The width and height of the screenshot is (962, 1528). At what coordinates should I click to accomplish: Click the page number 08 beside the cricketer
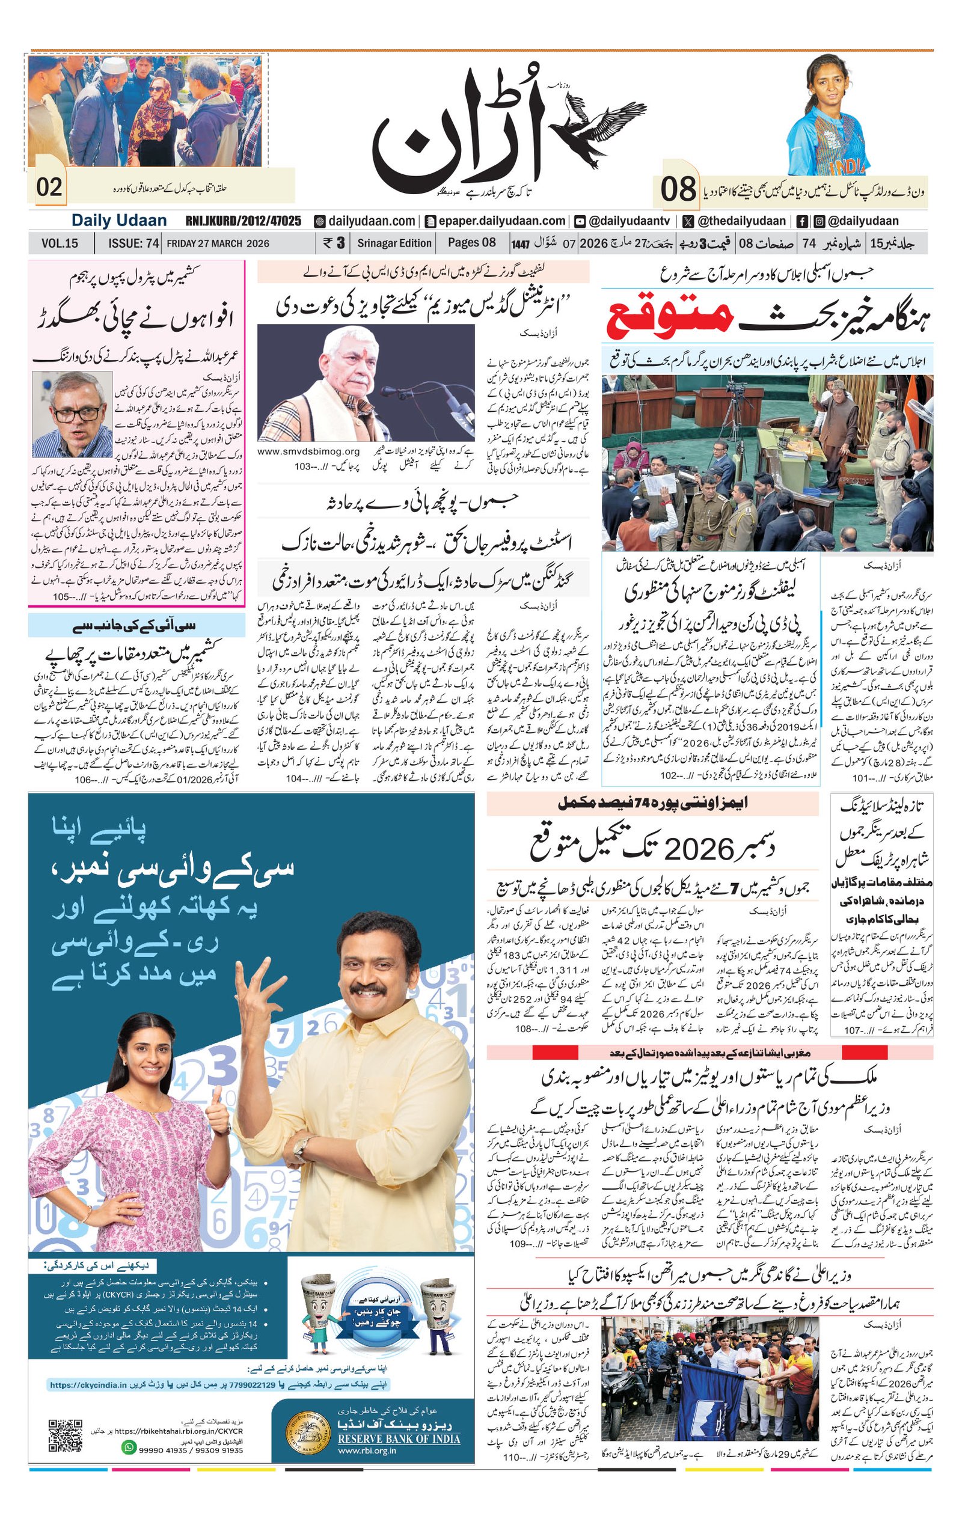(x=678, y=189)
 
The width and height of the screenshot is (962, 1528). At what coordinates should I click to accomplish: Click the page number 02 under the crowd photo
(x=49, y=188)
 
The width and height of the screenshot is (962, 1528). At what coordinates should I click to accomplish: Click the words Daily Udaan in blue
(x=118, y=221)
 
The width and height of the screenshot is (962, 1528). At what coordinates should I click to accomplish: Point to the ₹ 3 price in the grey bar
(x=334, y=243)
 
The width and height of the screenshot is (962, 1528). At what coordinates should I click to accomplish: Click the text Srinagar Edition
(x=394, y=243)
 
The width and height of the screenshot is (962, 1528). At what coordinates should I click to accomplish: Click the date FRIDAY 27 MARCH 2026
(x=218, y=243)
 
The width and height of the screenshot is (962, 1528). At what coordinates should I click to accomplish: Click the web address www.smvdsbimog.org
(x=308, y=452)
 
